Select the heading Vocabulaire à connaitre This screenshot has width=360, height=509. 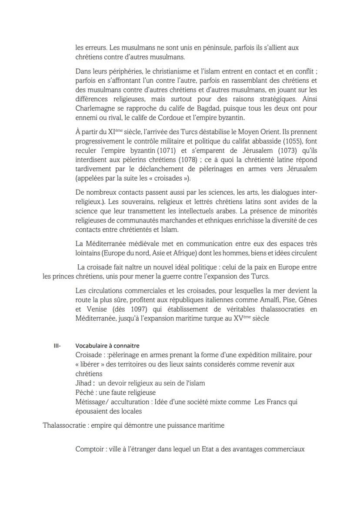(107, 346)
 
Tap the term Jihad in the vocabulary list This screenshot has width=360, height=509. (83, 383)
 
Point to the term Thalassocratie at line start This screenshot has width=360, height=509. (63, 426)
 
